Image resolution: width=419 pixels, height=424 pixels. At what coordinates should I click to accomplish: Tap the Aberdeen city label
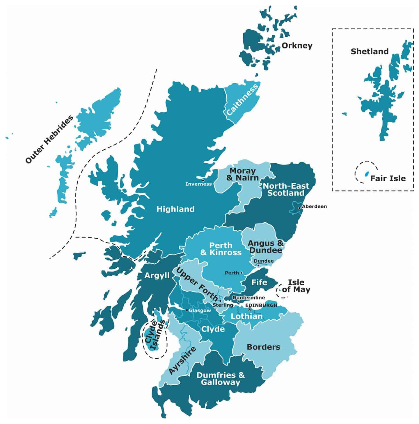[x=314, y=206]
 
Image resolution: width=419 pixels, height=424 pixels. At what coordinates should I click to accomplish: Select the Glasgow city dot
[x=187, y=310]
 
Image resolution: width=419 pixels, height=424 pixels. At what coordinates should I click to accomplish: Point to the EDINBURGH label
[x=261, y=305]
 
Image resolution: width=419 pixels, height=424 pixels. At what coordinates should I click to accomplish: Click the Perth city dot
[x=242, y=273]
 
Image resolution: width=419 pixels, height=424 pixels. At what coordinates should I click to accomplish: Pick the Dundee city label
[x=264, y=261]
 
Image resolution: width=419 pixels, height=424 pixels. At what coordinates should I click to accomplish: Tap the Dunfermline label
[x=248, y=297]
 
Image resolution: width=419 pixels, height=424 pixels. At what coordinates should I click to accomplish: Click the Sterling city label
[x=223, y=305]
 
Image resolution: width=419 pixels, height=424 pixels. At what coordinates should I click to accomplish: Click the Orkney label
[x=297, y=46]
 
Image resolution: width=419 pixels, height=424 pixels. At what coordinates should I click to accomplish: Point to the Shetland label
[x=370, y=51]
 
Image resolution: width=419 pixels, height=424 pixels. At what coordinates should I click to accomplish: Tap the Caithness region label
[x=242, y=99]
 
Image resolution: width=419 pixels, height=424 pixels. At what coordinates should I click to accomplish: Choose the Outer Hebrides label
[x=49, y=139]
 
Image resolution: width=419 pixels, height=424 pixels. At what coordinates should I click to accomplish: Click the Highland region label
[x=175, y=209]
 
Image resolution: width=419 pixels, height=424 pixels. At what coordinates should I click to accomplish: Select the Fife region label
[x=259, y=282]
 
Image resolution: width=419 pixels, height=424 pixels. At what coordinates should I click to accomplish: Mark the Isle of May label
[x=296, y=286]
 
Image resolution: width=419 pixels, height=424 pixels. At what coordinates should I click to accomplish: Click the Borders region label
[x=263, y=347]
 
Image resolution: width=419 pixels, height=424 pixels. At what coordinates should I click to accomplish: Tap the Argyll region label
[x=157, y=275]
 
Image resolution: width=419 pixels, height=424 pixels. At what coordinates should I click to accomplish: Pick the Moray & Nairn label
[x=242, y=174]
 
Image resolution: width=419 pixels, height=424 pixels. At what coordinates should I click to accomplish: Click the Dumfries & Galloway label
[x=221, y=378]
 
